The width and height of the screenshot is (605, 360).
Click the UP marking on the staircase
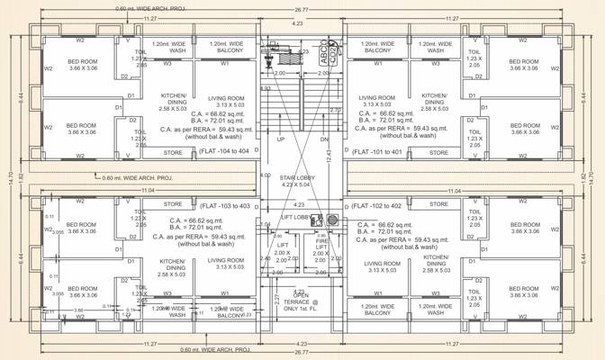tap(281, 139)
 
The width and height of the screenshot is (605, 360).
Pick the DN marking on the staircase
tap(324, 139)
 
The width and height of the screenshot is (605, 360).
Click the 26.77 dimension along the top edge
tap(302, 4)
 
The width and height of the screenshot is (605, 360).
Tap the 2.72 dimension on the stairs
tap(335, 110)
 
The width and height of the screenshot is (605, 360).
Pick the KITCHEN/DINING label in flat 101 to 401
tap(434, 100)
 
